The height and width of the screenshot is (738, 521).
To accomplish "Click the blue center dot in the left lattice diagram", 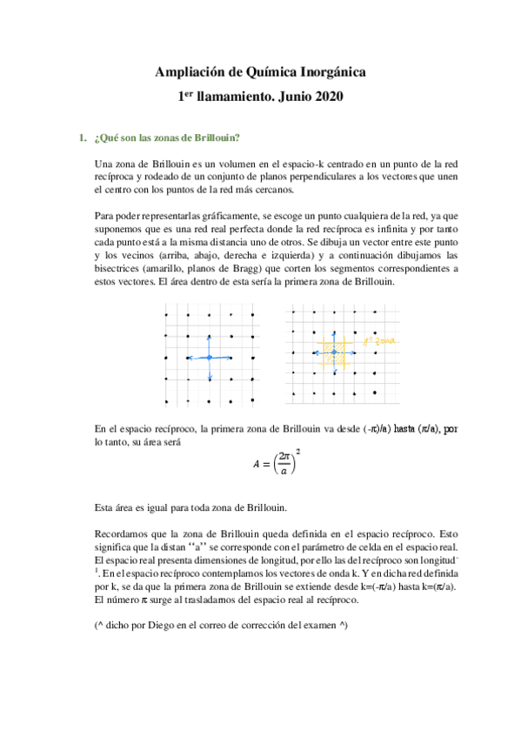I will [209, 358].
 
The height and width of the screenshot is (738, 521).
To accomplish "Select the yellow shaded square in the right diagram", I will [332, 352].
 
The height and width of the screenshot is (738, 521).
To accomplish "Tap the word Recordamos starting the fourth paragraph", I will [122, 533].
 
